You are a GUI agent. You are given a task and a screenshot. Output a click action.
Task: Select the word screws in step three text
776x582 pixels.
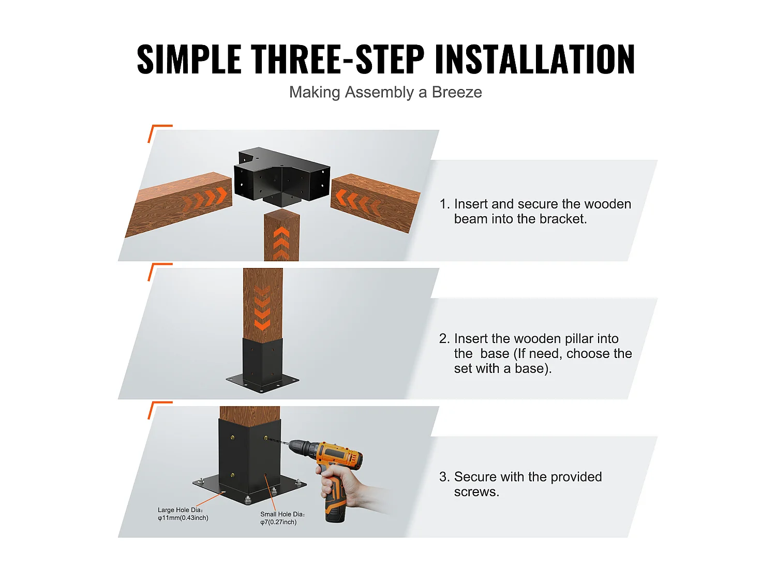475,492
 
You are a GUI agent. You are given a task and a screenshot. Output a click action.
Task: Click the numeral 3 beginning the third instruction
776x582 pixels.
443,477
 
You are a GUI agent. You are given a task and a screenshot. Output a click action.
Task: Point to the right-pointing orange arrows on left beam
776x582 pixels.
207,199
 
